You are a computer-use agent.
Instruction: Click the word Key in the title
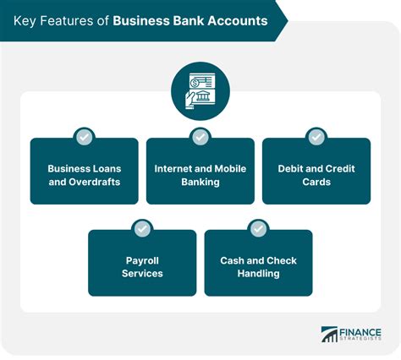(25, 21)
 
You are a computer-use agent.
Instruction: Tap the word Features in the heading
(66, 21)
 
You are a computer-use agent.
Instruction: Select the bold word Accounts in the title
(238, 21)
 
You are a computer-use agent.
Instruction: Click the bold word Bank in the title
(188, 21)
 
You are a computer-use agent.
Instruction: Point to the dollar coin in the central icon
(195, 83)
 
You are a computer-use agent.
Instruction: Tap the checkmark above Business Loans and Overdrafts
(85, 137)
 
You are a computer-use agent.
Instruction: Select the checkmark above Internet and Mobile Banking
(200, 137)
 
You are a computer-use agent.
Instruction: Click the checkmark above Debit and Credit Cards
(316, 137)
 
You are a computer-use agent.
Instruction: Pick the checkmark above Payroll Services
(142, 229)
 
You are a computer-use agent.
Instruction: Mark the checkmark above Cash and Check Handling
(258, 229)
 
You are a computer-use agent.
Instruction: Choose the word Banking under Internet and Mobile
(200, 182)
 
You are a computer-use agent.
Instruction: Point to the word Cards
(316, 182)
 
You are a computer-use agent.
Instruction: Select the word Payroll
(142, 261)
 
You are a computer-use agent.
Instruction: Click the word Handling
(258, 274)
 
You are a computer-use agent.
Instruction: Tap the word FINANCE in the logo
(360, 332)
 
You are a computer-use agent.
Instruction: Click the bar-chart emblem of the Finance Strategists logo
(329, 335)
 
